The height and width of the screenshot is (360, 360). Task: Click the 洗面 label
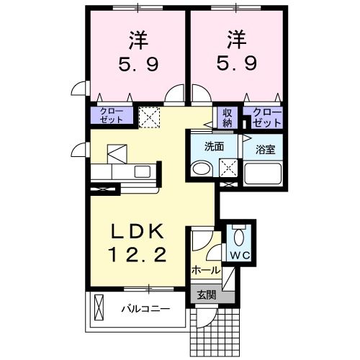coord(214,146)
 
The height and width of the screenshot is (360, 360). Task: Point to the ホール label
coord(206,270)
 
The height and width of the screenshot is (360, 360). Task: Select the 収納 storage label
coord(228,117)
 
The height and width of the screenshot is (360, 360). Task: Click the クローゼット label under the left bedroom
coord(111,116)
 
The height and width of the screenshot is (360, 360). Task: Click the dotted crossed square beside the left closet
coord(150,117)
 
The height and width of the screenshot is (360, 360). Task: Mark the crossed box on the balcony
coord(99,311)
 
